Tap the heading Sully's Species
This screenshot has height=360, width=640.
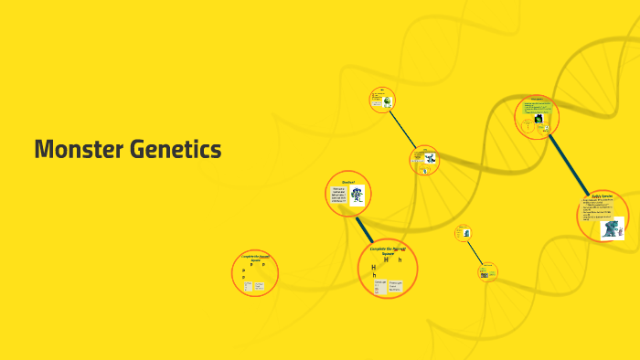click(601, 197)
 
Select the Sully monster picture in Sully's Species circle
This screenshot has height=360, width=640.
click(612, 227)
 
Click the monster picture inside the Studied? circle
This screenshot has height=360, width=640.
click(357, 195)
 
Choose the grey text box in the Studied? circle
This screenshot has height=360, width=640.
click(338, 196)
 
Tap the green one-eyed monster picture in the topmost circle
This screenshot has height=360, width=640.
click(389, 101)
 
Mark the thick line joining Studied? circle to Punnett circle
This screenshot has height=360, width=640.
click(366, 229)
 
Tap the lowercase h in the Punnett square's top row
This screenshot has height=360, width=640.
click(400, 260)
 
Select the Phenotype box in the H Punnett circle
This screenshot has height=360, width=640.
click(398, 287)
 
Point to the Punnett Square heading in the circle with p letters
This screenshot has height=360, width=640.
click(255, 259)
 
